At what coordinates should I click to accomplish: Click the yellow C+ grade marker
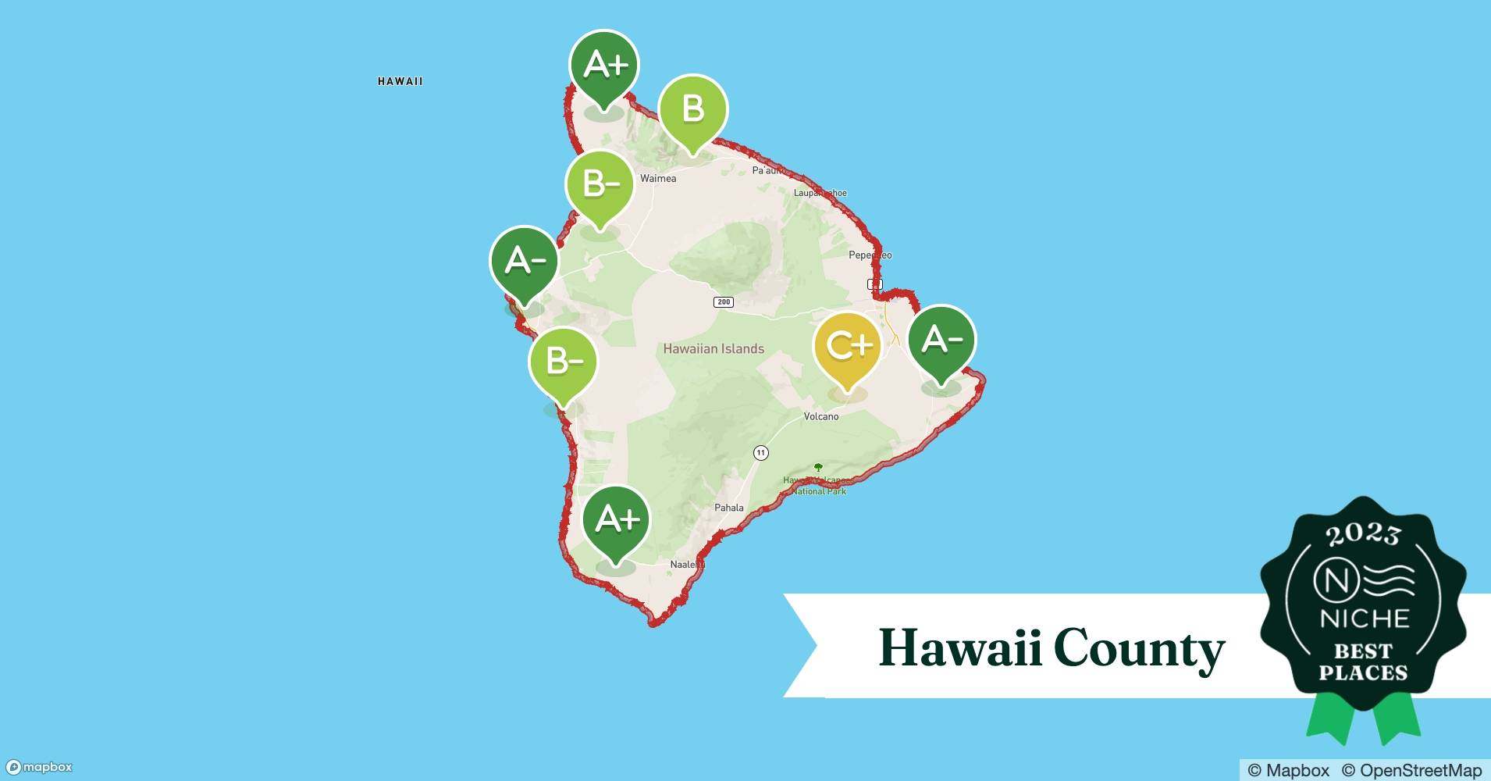pyautogui.click(x=848, y=346)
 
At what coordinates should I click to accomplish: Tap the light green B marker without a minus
pyautogui.click(x=693, y=109)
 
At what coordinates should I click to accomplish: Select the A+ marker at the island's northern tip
pyautogui.click(x=604, y=65)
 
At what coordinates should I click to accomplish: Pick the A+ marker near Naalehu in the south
pyautogui.click(x=617, y=519)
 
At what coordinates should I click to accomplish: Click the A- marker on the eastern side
pyautogui.click(x=941, y=340)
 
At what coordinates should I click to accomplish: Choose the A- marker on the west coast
pyautogui.click(x=525, y=261)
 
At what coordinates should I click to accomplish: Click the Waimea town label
pyautogui.click(x=658, y=179)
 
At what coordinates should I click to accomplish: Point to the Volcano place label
pyautogui.click(x=821, y=416)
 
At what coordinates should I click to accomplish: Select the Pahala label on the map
pyautogui.click(x=729, y=508)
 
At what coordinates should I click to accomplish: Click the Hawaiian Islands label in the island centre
pyautogui.click(x=713, y=349)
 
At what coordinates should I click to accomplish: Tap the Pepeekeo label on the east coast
pyautogui.click(x=870, y=255)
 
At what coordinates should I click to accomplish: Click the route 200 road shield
pyautogui.click(x=724, y=302)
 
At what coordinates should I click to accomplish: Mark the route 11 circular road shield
pyautogui.click(x=761, y=453)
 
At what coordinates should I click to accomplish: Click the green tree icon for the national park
pyautogui.click(x=818, y=467)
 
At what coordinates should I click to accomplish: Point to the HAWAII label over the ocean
pyautogui.click(x=400, y=81)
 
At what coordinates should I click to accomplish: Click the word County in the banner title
pyautogui.click(x=1139, y=648)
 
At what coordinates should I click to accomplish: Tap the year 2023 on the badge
pyautogui.click(x=1363, y=534)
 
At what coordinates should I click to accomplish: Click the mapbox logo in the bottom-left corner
pyautogui.click(x=39, y=767)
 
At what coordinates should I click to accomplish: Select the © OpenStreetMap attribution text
pyautogui.click(x=1411, y=770)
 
